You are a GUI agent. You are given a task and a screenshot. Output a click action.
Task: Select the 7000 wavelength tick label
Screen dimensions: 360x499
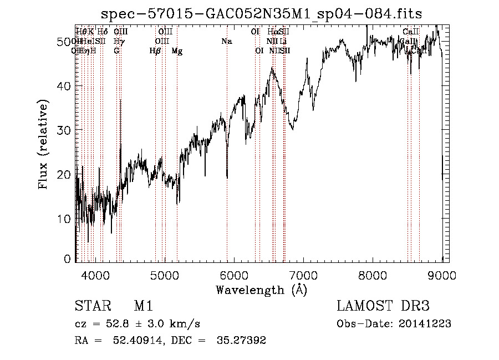coord(303,275)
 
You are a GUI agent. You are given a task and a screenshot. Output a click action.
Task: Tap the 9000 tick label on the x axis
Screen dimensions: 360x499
coord(442,275)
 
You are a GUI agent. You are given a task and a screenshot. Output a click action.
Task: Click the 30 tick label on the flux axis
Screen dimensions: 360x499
coord(63,130)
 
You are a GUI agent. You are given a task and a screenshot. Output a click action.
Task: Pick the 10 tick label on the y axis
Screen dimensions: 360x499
coord(63,219)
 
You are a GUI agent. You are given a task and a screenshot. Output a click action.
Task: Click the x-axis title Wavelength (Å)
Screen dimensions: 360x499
coord(261,290)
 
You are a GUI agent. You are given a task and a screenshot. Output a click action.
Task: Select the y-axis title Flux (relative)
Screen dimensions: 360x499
coord(43,144)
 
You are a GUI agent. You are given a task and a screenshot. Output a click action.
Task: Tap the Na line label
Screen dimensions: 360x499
coord(226,41)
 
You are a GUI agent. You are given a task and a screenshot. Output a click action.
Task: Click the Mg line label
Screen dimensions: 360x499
coord(177,51)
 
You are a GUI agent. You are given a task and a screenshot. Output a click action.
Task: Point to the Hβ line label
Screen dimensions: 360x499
coord(156,51)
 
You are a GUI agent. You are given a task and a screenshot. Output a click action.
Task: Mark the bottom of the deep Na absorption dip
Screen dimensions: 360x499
coord(227,178)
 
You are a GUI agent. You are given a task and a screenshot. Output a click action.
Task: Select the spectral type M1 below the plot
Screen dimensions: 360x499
coord(142,307)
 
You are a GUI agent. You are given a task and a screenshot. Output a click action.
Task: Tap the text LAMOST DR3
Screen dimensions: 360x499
coord(383,307)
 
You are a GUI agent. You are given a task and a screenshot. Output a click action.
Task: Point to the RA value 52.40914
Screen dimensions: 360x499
coord(137,341)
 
